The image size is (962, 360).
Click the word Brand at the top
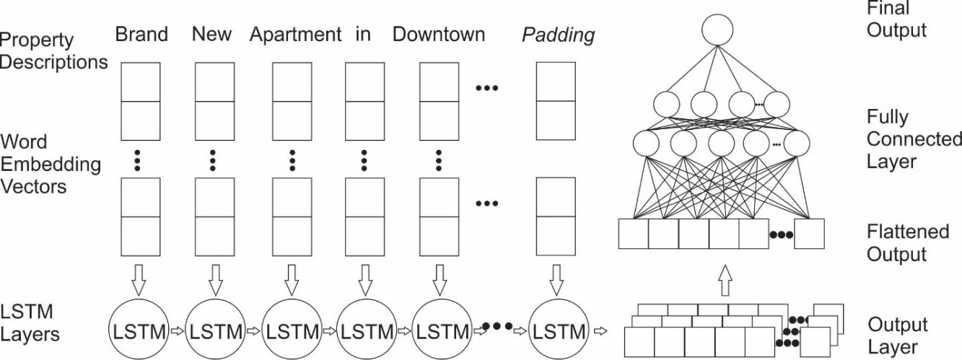click(x=141, y=35)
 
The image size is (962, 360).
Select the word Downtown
click(x=439, y=35)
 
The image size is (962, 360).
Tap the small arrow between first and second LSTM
click(x=177, y=333)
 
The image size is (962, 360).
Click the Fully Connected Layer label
click(x=914, y=139)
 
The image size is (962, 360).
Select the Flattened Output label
click(x=908, y=242)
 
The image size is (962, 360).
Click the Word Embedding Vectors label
click(x=51, y=163)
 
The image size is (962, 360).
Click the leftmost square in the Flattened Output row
click(x=633, y=234)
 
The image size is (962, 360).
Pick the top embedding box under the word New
click(x=214, y=82)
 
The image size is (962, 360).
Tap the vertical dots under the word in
click(x=364, y=159)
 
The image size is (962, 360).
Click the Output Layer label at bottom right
click(x=898, y=335)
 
